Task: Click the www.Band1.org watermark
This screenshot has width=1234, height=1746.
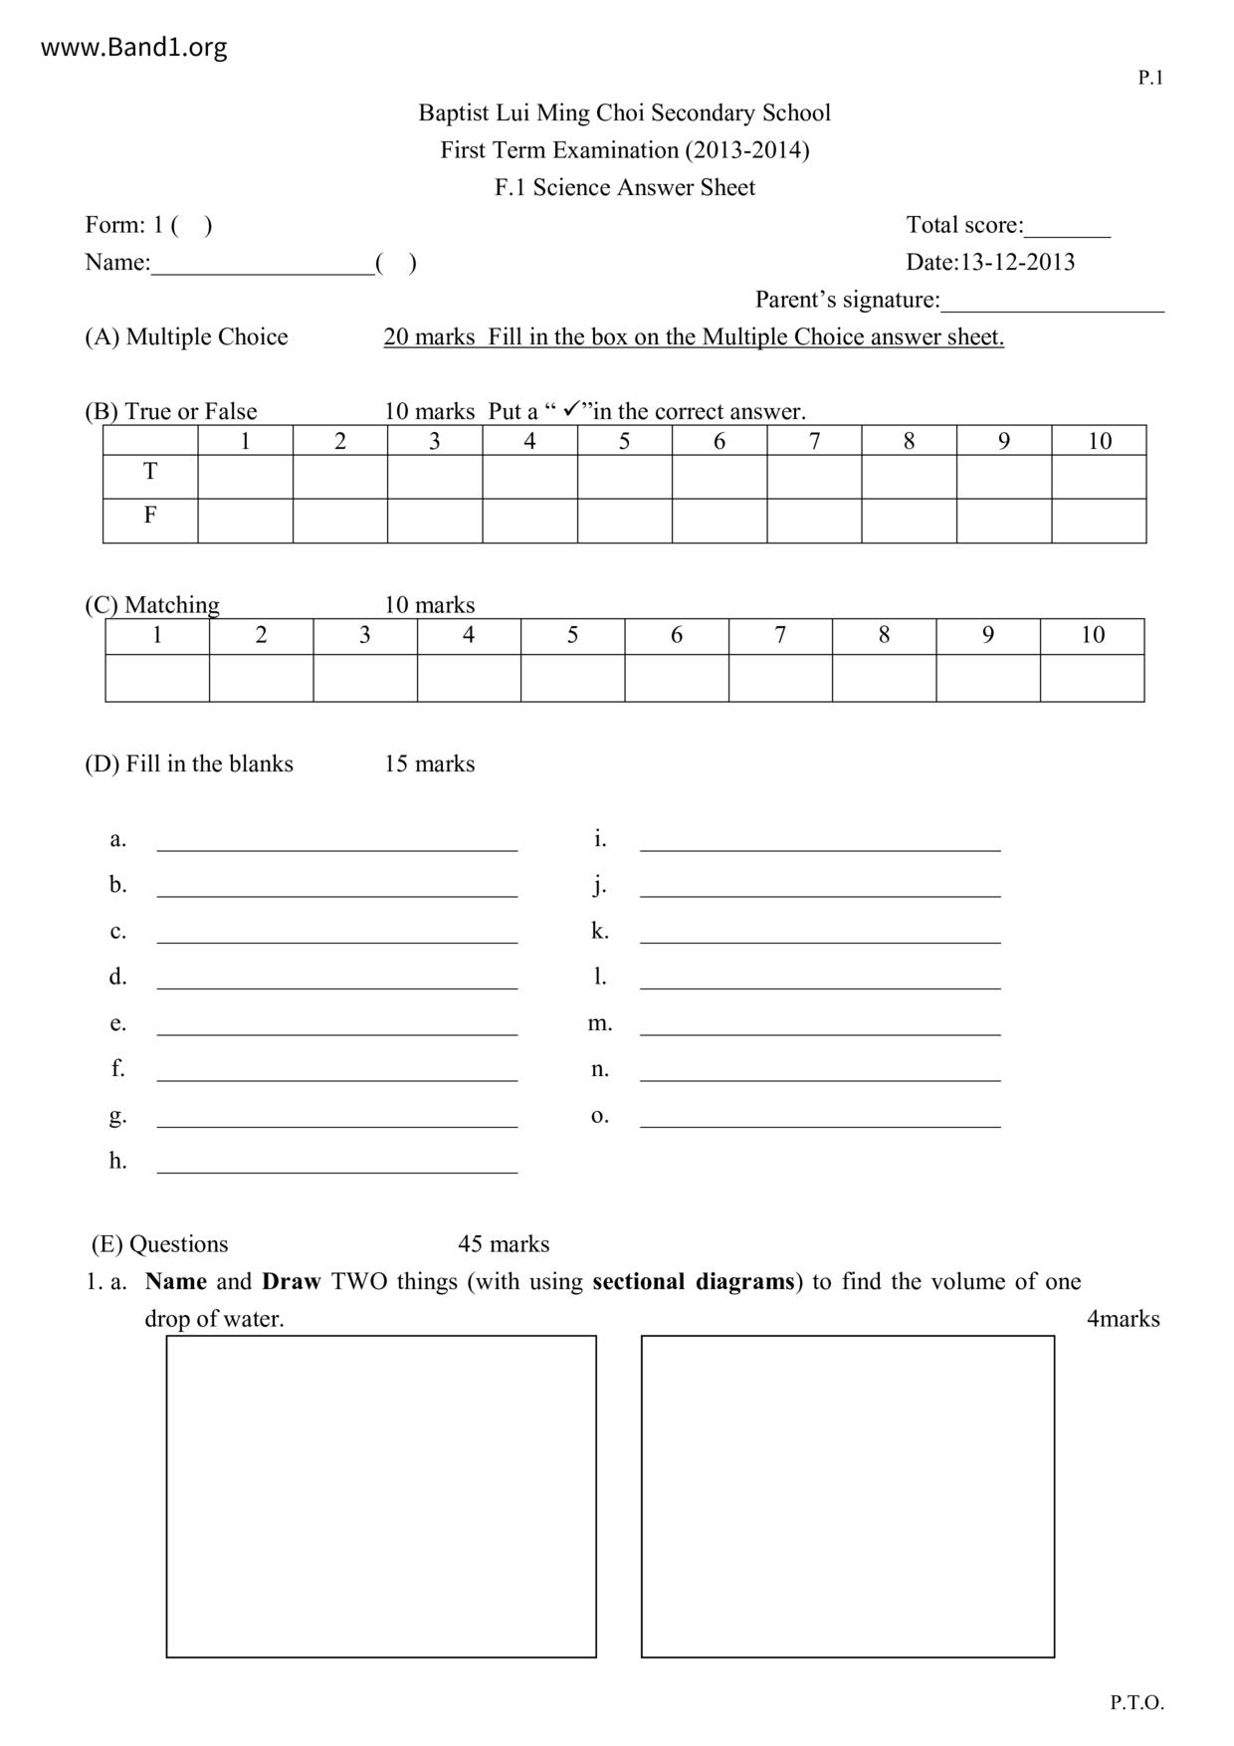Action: coord(133,48)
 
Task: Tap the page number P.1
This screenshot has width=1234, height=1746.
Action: coord(1150,78)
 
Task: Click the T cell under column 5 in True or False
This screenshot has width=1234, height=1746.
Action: coord(624,477)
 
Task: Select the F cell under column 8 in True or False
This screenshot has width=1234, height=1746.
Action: coord(909,521)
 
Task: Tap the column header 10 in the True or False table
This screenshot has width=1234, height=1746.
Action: coord(1099,441)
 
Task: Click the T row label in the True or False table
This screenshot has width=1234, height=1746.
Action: coord(150,472)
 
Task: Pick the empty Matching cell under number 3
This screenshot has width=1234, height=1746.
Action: coord(364,678)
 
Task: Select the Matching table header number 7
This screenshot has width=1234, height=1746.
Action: coord(780,635)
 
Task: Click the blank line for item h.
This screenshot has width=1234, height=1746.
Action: coord(337,1165)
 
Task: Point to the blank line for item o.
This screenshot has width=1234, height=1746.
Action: coord(820,1119)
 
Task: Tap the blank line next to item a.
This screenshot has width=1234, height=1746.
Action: coord(337,842)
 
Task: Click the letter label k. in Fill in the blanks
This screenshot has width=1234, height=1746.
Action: coord(599,931)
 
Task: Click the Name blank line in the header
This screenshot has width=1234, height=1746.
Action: coord(263,265)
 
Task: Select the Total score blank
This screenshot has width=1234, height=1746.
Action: coord(1067,228)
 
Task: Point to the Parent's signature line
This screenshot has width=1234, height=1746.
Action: coord(1052,303)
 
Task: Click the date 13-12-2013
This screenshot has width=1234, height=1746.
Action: coord(1017,263)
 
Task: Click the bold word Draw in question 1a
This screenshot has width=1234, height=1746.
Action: coord(291,1281)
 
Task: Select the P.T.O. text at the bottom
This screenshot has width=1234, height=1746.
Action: coord(1136,1702)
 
